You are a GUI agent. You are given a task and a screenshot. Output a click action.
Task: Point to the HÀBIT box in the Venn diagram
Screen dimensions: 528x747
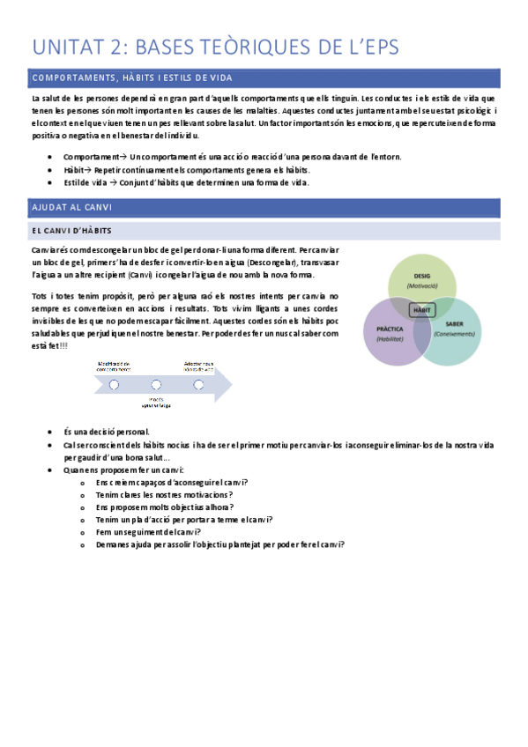click(423, 310)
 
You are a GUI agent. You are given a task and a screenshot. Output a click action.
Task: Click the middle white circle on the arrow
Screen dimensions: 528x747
click(156, 384)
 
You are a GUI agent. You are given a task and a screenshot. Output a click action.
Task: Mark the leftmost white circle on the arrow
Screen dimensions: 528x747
click(114, 384)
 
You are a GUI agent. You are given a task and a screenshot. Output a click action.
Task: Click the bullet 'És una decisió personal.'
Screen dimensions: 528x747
click(107, 433)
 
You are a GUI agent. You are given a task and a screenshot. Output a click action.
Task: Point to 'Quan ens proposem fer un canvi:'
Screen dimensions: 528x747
click(123, 470)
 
